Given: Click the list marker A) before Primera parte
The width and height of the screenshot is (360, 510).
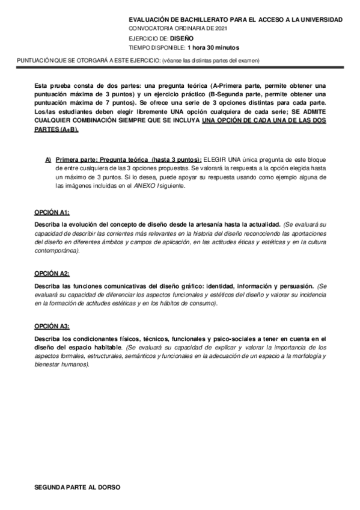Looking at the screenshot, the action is point(48,159).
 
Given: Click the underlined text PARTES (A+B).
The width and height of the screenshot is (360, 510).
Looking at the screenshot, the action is point(57,129).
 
